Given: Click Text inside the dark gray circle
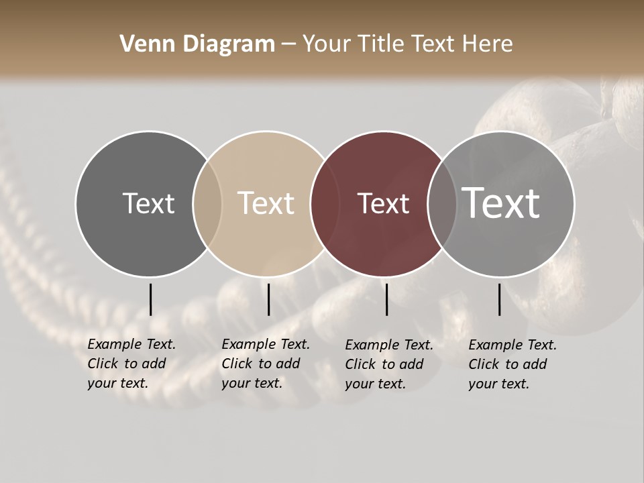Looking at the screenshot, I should pyautogui.click(x=148, y=203).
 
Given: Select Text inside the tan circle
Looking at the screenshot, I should pyautogui.click(x=266, y=203).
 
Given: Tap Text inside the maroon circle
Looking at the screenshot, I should pyautogui.click(x=383, y=203).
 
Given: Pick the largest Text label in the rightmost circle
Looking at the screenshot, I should pyautogui.click(x=501, y=203).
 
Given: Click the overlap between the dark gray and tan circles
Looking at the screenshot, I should pyautogui.click(x=207, y=203).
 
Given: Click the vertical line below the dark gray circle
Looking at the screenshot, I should pyautogui.click(x=150, y=299).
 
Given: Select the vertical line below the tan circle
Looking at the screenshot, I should pyautogui.click(x=268, y=299).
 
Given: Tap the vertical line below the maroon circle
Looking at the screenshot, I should pyautogui.click(x=386, y=299).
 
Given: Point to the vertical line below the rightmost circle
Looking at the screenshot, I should pyautogui.click(x=499, y=299).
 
